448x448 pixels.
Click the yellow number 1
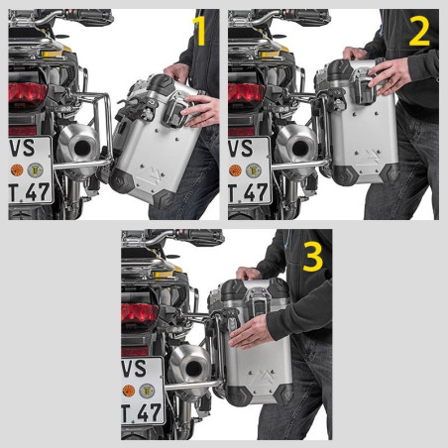(x=198, y=32)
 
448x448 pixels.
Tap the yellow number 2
(x=418, y=32)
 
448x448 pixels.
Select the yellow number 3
(x=313, y=256)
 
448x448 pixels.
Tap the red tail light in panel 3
(x=138, y=316)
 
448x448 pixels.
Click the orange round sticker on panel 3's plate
(x=129, y=391)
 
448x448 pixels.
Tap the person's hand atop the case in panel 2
(x=355, y=55)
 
